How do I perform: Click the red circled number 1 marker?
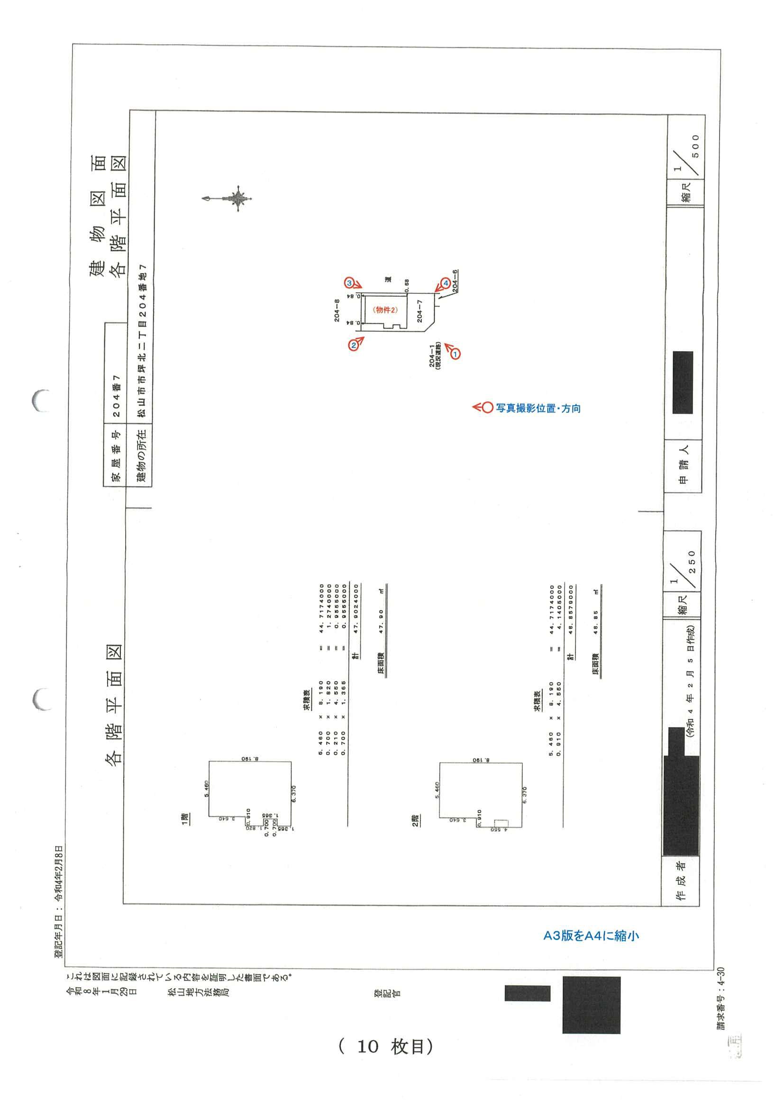click(x=455, y=354)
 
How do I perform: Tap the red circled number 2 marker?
click(x=354, y=345)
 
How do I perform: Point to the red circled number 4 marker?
click(x=446, y=283)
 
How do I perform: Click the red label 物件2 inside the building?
click(x=385, y=310)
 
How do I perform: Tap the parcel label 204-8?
click(x=337, y=310)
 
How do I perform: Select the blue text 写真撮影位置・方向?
click(x=538, y=408)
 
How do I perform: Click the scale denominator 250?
click(x=692, y=562)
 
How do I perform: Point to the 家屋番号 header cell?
click(x=116, y=455)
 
